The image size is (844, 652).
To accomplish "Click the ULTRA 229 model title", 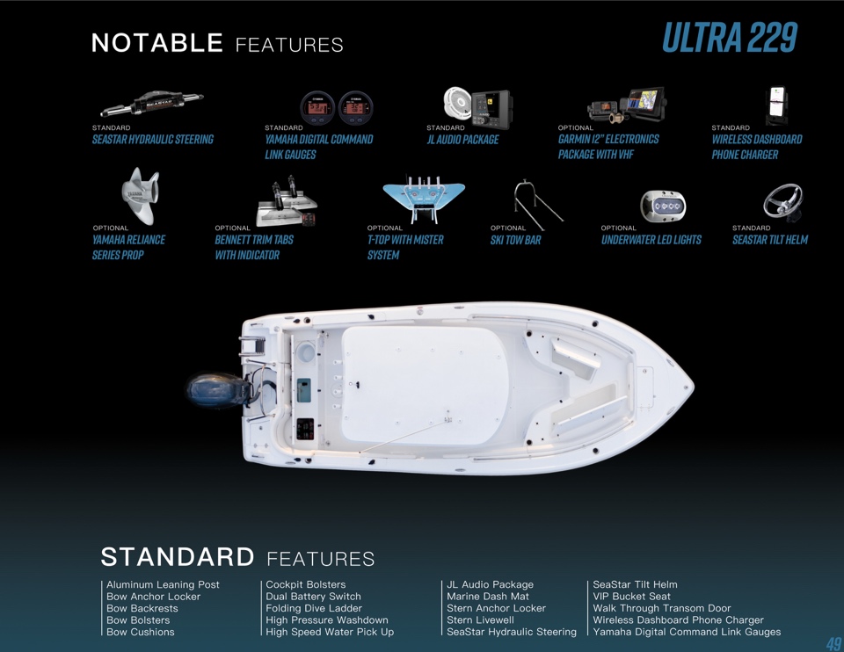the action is click(x=730, y=38).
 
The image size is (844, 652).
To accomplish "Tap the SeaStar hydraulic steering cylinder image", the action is click(x=152, y=103).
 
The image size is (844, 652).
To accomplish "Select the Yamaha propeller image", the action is click(x=141, y=195).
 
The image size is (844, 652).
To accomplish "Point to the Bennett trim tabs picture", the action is click(x=287, y=203).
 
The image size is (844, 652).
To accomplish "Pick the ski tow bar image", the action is click(x=538, y=205).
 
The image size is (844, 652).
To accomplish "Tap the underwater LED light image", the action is click(x=663, y=206).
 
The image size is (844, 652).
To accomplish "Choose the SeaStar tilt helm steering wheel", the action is click(x=783, y=202).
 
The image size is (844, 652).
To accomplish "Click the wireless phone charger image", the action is click(x=777, y=105).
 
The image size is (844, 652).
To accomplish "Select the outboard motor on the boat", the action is click(x=218, y=390).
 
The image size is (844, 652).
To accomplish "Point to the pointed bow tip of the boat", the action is click(x=694, y=386).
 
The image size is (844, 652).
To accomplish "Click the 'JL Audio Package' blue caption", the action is click(x=463, y=140).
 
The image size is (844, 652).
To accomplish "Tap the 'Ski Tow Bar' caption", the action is click(x=516, y=240).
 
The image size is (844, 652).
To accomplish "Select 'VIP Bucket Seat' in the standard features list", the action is click(x=631, y=596).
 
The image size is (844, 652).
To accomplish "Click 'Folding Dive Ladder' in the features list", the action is click(x=314, y=608).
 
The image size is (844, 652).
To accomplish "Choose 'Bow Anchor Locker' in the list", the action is click(x=153, y=596).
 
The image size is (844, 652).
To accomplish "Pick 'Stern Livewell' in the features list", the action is click(x=480, y=619).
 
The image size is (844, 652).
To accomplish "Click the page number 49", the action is click(x=833, y=643).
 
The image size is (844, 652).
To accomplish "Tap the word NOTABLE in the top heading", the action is click(x=157, y=42).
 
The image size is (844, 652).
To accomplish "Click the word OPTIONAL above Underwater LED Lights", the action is click(x=618, y=228).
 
